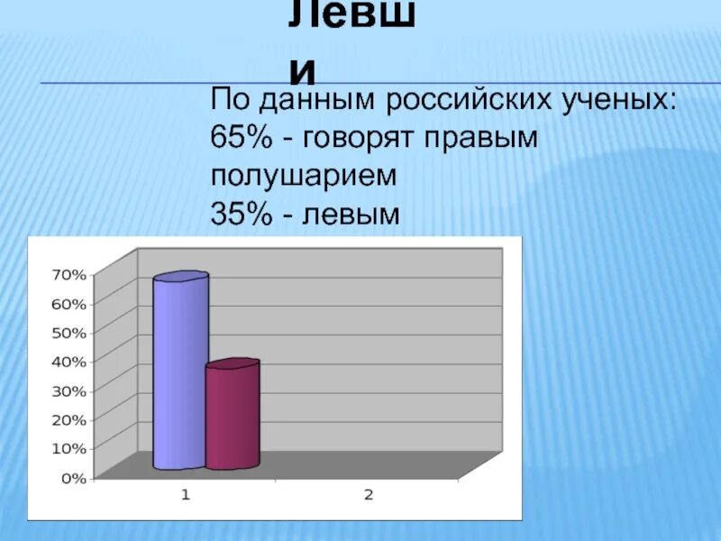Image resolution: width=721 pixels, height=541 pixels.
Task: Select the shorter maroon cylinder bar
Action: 233,417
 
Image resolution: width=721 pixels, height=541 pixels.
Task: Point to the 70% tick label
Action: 68,273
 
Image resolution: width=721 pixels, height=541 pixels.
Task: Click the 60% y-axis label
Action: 68,303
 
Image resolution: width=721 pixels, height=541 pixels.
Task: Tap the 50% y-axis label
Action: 68,332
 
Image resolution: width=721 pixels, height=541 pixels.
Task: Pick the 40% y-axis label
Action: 68,361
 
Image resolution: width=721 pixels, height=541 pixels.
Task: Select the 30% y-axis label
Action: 68,390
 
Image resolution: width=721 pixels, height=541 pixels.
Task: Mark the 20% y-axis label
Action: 68,419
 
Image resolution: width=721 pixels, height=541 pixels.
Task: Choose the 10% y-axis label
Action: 68,448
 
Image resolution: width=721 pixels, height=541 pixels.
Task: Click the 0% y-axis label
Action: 72,478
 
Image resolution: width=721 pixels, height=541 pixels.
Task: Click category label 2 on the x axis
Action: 368,494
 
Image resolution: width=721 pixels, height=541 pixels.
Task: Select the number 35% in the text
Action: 237,213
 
